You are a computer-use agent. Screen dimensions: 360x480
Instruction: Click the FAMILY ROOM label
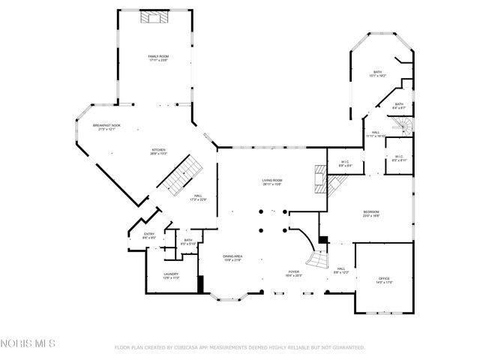[x=157, y=58]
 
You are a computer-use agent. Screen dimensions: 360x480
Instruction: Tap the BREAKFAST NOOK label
[x=106, y=127]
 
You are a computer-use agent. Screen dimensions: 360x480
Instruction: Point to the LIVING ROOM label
[x=271, y=181]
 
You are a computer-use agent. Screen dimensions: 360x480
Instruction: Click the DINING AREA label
[x=232, y=257]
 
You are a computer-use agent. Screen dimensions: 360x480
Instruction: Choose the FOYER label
[x=295, y=273]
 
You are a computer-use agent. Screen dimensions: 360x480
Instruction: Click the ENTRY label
[x=149, y=235]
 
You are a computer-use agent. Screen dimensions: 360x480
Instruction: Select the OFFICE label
[x=384, y=280]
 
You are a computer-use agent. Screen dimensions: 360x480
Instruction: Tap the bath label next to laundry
[x=188, y=241]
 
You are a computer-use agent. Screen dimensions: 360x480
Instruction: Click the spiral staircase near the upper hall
[x=403, y=127]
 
